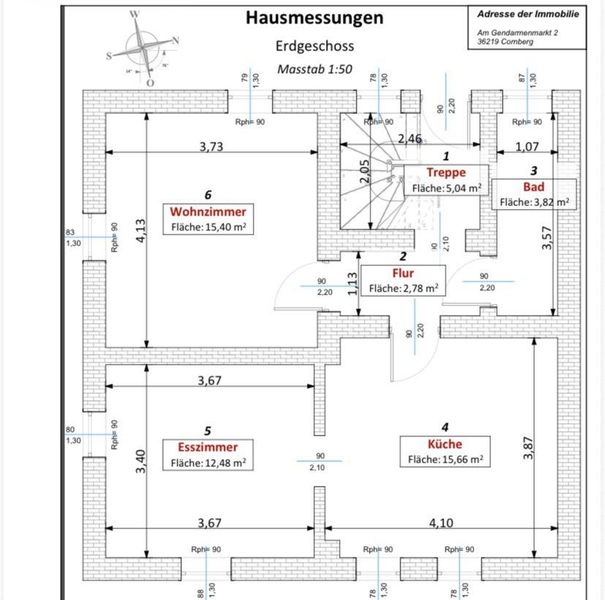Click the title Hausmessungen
pos(314,18)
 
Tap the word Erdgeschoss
pos(314,46)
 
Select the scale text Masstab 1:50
pos(314,69)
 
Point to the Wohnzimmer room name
pos(208,212)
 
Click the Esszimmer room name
pos(208,447)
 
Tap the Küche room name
pos(445,444)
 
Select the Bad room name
pos(533,186)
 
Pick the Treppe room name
pos(446,172)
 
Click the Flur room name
pos(403,273)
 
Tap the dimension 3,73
pos(211,146)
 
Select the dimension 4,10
pos(441,523)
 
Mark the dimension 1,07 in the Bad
pos(527,147)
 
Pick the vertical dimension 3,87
pos(528,447)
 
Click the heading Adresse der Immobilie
pos(527,14)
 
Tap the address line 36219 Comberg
pos(505,42)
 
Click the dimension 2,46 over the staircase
pos(409,138)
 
